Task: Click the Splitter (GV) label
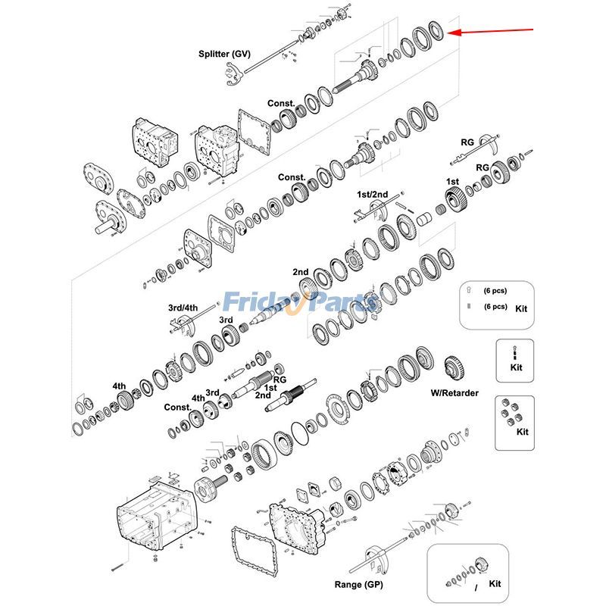pyautogui.click(x=224, y=54)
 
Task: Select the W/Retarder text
pyautogui.click(x=454, y=392)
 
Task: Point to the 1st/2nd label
pyautogui.click(x=372, y=195)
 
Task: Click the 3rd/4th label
pyautogui.click(x=183, y=308)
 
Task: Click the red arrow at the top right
pyautogui.click(x=492, y=31)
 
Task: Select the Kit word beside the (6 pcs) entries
pyautogui.click(x=522, y=309)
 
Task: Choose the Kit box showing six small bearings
pyautogui.click(x=514, y=421)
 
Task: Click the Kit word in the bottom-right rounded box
pyautogui.click(x=495, y=584)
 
